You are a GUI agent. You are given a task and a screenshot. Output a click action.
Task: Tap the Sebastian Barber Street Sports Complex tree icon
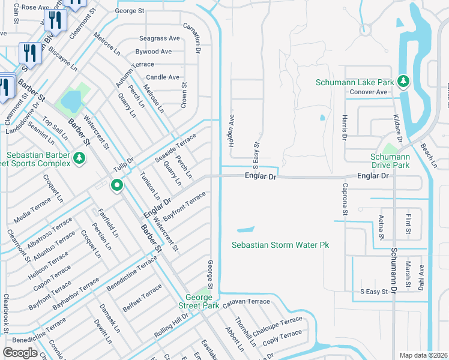click(79, 158)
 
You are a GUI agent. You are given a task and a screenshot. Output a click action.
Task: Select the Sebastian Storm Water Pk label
click(280, 245)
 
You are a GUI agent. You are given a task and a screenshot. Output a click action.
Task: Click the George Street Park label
click(202, 301)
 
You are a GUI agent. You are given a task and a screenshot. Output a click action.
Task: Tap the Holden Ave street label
click(231, 131)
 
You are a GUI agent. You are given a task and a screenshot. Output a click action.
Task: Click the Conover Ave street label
click(369, 92)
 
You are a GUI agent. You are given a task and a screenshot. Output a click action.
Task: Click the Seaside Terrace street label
click(175, 148)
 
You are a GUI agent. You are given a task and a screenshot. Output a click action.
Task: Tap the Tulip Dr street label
click(124, 164)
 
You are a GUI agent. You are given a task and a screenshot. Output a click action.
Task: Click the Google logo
click(20, 352)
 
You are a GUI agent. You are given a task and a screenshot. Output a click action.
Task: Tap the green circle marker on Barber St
click(117, 185)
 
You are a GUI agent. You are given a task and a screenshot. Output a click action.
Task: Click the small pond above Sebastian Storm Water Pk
click(245, 229)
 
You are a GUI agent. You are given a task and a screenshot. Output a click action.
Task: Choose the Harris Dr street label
click(345, 127)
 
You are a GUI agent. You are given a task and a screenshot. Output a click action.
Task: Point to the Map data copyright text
click(423, 355)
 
